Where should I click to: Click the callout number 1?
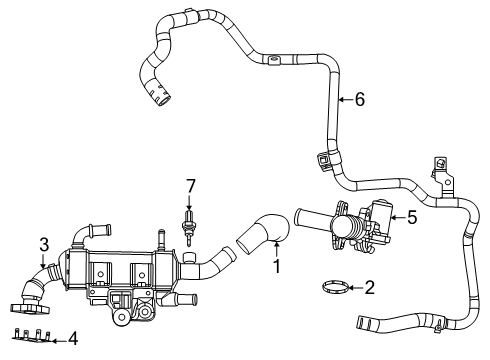276,266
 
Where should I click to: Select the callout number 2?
370,288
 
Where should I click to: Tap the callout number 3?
44,244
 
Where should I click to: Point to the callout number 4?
73,338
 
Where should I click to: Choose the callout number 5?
412,218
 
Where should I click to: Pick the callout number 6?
360,99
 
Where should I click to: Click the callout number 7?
190,186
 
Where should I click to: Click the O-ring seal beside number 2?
336,287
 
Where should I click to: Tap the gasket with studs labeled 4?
32,337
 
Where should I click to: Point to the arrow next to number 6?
346,99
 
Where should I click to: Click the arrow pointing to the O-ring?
356,288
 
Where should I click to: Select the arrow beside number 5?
398,218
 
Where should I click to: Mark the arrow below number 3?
43,261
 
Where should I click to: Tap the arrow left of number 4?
59,341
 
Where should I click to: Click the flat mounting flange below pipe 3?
30,308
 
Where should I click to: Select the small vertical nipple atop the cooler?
162,239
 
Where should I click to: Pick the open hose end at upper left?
162,99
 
